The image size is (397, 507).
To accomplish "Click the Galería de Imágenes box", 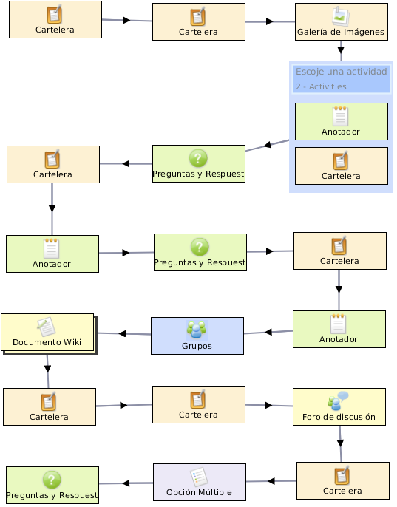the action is pyautogui.click(x=342, y=21).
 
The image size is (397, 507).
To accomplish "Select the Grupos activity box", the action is pyautogui.click(x=197, y=336).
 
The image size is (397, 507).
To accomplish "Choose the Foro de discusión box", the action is pyautogui.click(x=339, y=406).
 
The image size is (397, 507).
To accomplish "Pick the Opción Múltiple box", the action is pyautogui.click(x=200, y=482).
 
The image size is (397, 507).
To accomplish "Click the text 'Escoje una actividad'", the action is pyautogui.click(x=342, y=72).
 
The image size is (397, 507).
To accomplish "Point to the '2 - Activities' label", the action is pyautogui.click(x=321, y=86).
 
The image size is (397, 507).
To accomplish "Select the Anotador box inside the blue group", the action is pyautogui.click(x=342, y=121).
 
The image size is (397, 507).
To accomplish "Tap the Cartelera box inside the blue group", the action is pyautogui.click(x=342, y=166).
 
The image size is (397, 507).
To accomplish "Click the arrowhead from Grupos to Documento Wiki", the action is pyautogui.click(x=122, y=333).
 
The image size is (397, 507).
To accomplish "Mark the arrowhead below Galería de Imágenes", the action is pyautogui.click(x=341, y=50).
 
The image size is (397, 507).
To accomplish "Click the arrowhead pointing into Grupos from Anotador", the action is pyautogui.click(x=268, y=332).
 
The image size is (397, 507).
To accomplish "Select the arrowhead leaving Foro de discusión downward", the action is pyautogui.click(x=340, y=443).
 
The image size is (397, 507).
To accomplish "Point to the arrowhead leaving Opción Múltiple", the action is pyautogui.click(x=126, y=483).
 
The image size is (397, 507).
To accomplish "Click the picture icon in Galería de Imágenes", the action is pyautogui.click(x=341, y=16).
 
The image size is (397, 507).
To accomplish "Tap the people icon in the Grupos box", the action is pyautogui.click(x=197, y=330).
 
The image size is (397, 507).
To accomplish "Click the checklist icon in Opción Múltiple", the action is pyautogui.click(x=199, y=476).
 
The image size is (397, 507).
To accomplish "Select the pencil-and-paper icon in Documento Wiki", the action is pyautogui.click(x=46, y=327).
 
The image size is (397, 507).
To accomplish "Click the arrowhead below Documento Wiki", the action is pyautogui.click(x=47, y=369).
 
